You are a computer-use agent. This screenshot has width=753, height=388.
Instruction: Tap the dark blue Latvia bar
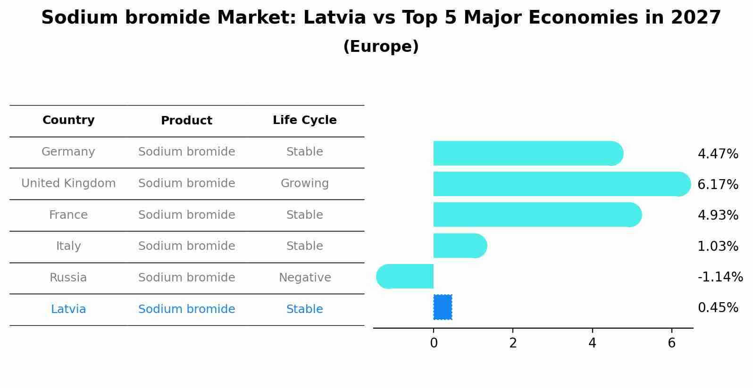[x=443, y=307]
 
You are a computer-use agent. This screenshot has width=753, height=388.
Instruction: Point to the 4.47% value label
[x=718, y=154]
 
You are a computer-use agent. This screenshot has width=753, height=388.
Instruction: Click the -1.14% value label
[x=720, y=277]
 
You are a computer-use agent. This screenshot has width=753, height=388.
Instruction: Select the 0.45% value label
[x=718, y=308]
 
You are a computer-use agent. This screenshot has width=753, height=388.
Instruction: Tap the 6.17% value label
[x=718, y=185]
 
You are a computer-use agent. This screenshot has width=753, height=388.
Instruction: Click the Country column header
[x=68, y=120]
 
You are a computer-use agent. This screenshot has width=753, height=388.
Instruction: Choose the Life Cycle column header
[x=304, y=120]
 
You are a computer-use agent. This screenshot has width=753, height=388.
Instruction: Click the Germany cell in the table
[x=68, y=152]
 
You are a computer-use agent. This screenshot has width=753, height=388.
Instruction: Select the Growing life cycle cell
[x=304, y=183]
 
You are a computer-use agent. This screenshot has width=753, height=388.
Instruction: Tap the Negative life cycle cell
[x=304, y=278]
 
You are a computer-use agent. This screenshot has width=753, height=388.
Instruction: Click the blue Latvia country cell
[x=68, y=309]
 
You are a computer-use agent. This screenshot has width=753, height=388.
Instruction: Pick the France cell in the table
[x=68, y=215]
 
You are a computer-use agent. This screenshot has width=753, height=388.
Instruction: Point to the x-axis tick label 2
[x=513, y=343]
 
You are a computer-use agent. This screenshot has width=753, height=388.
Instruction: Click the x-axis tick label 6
[x=671, y=343]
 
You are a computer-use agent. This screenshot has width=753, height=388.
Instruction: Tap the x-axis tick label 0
[x=434, y=343]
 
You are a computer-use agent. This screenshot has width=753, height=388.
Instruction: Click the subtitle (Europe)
[x=381, y=47]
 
